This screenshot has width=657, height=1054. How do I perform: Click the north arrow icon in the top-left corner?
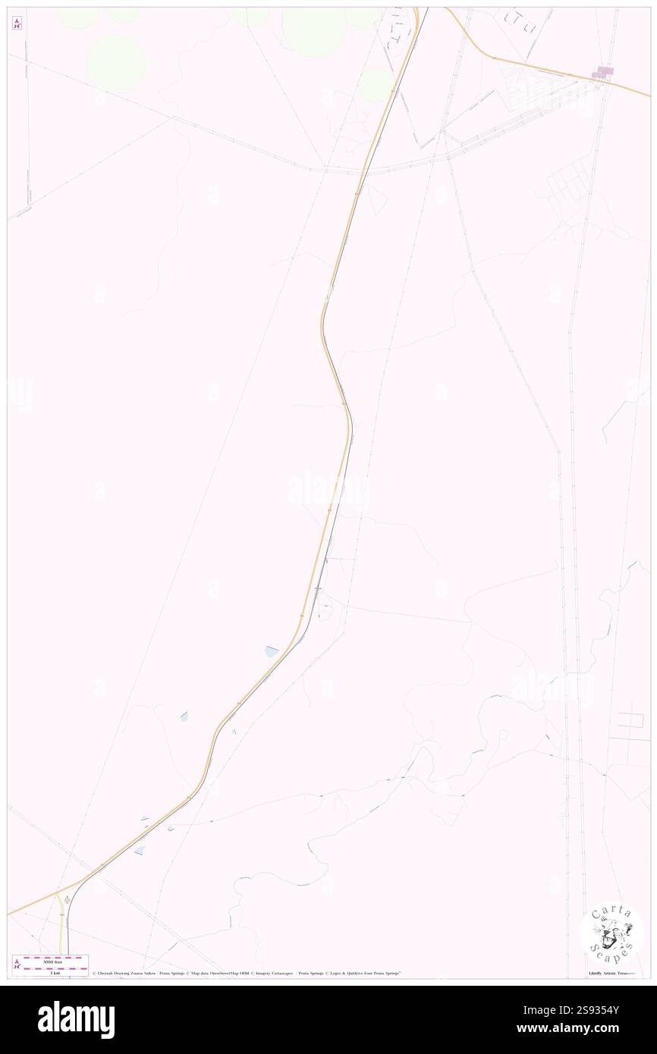17,23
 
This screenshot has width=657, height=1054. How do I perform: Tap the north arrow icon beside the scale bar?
17,963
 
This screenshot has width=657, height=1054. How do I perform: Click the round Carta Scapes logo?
611,932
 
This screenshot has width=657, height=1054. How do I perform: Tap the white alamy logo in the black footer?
76,1020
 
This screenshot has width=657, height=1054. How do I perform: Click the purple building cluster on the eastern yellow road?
603,73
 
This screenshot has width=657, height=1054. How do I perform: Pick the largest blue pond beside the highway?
272,651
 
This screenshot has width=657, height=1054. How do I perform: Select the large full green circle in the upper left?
115,63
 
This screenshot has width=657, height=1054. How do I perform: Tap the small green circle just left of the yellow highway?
374,85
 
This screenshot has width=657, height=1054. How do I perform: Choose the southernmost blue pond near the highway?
140,850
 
